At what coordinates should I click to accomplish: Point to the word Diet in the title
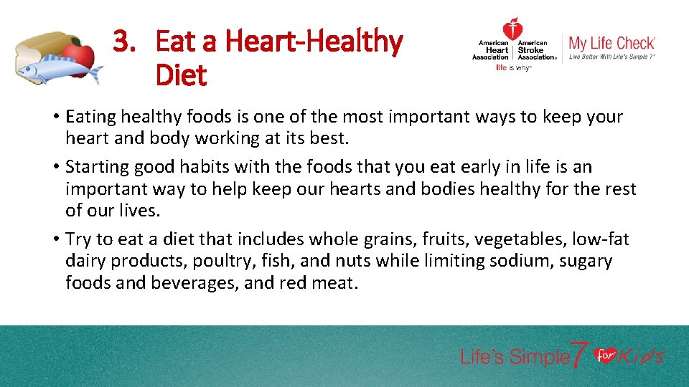(181, 75)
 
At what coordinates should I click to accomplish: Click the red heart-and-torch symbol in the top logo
(512, 30)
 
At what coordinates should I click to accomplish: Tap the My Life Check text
(611, 43)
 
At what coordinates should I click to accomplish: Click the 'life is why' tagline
(512, 68)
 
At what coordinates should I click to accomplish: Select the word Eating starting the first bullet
(89, 117)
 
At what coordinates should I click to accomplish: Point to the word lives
(143, 211)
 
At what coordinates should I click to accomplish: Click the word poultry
(245, 261)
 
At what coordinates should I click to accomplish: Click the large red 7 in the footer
(579, 355)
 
